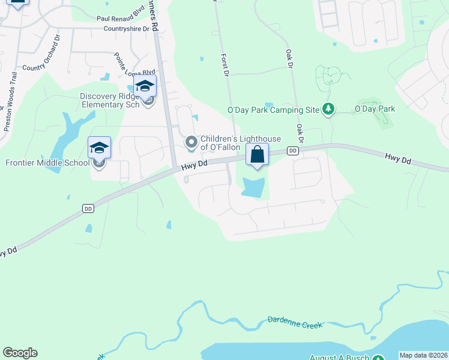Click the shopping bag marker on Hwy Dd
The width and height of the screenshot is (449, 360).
click(257, 155)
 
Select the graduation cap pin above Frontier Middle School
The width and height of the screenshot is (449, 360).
click(100, 147)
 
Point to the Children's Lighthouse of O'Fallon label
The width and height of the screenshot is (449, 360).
click(220, 143)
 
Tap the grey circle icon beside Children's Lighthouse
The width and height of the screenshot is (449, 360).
click(191, 142)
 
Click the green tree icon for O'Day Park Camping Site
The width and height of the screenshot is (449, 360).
click(328, 109)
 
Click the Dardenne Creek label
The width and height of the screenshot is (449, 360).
click(295, 322)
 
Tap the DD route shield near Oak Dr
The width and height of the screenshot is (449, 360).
click(293, 151)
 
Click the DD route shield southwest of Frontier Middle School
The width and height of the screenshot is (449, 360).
click(88, 208)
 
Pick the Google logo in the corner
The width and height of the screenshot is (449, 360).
click(20, 353)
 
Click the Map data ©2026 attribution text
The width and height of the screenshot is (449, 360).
click(423, 355)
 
